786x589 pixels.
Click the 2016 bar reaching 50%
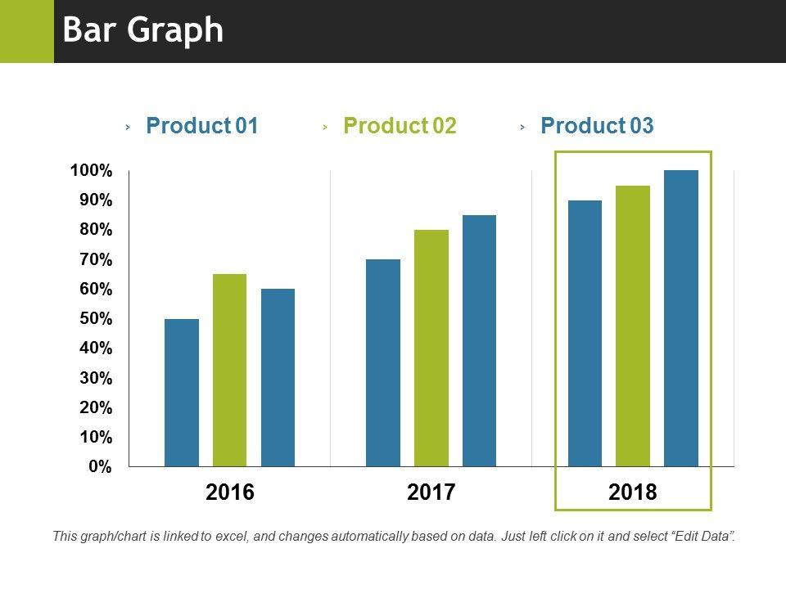pyautogui.click(x=181, y=393)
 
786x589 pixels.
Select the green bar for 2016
pyautogui.click(x=229, y=370)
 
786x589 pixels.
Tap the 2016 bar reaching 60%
pyautogui.click(x=278, y=377)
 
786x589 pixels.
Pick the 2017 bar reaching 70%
pyautogui.click(x=383, y=362)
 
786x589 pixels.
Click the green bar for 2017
pyautogui.click(x=431, y=348)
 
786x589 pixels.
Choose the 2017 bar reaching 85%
pyautogui.click(x=479, y=340)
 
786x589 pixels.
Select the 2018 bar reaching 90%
pyautogui.click(x=585, y=333)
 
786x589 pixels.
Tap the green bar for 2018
pyautogui.click(x=633, y=326)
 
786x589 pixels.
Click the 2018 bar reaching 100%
pyautogui.click(x=681, y=318)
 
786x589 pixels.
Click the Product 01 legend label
pyautogui.click(x=201, y=126)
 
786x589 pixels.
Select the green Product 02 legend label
pyautogui.click(x=400, y=126)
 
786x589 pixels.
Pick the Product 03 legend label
pyautogui.click(x=597, y=126)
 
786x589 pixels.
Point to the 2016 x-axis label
pyautogui.click(x=230, y=492)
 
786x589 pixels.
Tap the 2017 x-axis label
pyautogui.click(x=431, y=492)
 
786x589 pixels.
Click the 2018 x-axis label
pyautogui.click(x=633, y=492)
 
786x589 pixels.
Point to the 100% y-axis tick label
pyautogui.click(x=91, y=171)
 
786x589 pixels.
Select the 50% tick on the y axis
pyautogui.click(x=95, y=319)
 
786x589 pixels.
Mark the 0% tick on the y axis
pyautogui.click(x=100, y=467)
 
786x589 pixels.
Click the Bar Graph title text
pyautogui.click(x=143, y=30)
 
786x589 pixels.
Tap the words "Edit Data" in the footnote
pyautogui.click(x=703, y=537)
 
